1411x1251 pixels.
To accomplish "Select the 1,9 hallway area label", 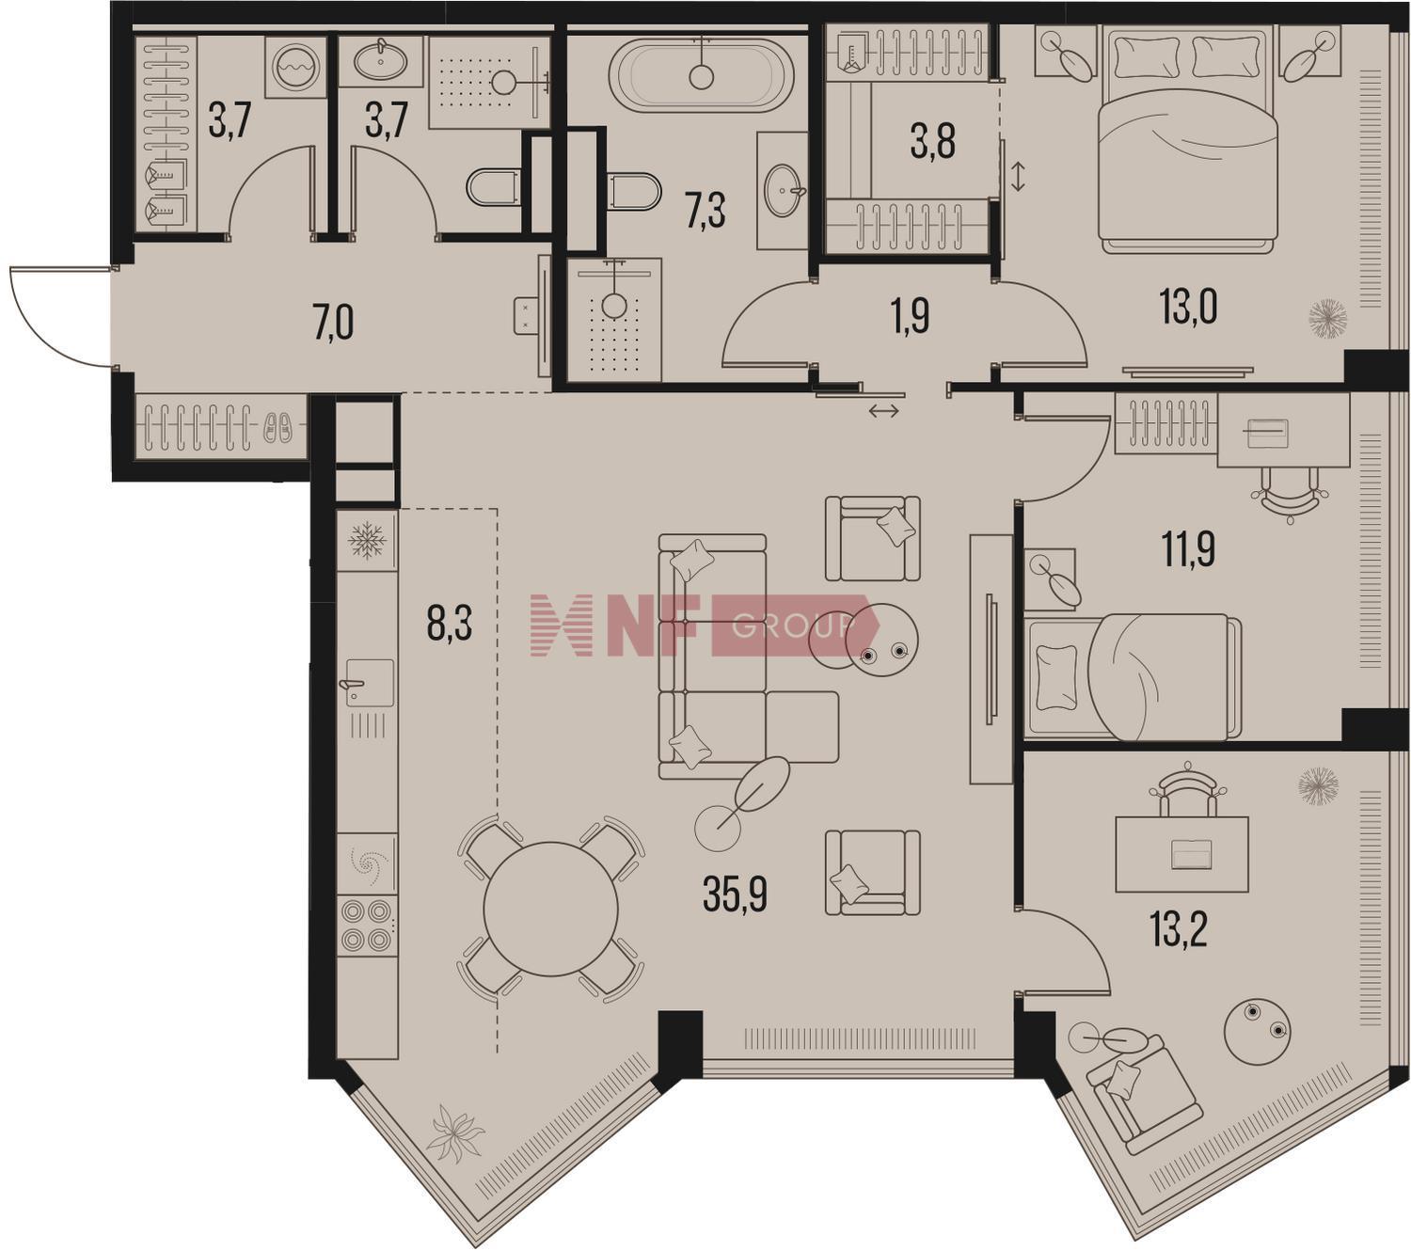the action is pos(911,318).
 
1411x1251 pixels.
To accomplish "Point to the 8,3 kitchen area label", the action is pos(450,624).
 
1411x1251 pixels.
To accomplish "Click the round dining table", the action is pos(551,910).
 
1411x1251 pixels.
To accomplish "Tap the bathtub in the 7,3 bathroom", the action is pos(702,74).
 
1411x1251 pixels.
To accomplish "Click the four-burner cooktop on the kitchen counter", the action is pos(368,926).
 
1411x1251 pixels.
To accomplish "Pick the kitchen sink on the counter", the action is pos(367,682).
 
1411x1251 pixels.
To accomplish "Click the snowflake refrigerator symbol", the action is pos(367,541).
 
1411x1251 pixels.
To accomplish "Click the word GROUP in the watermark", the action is pos(794,626).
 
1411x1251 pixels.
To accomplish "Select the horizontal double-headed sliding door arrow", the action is pos(884,412).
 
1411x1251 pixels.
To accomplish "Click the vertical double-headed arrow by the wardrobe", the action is pos(1018,176).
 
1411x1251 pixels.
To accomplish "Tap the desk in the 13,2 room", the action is pos(1181,854).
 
